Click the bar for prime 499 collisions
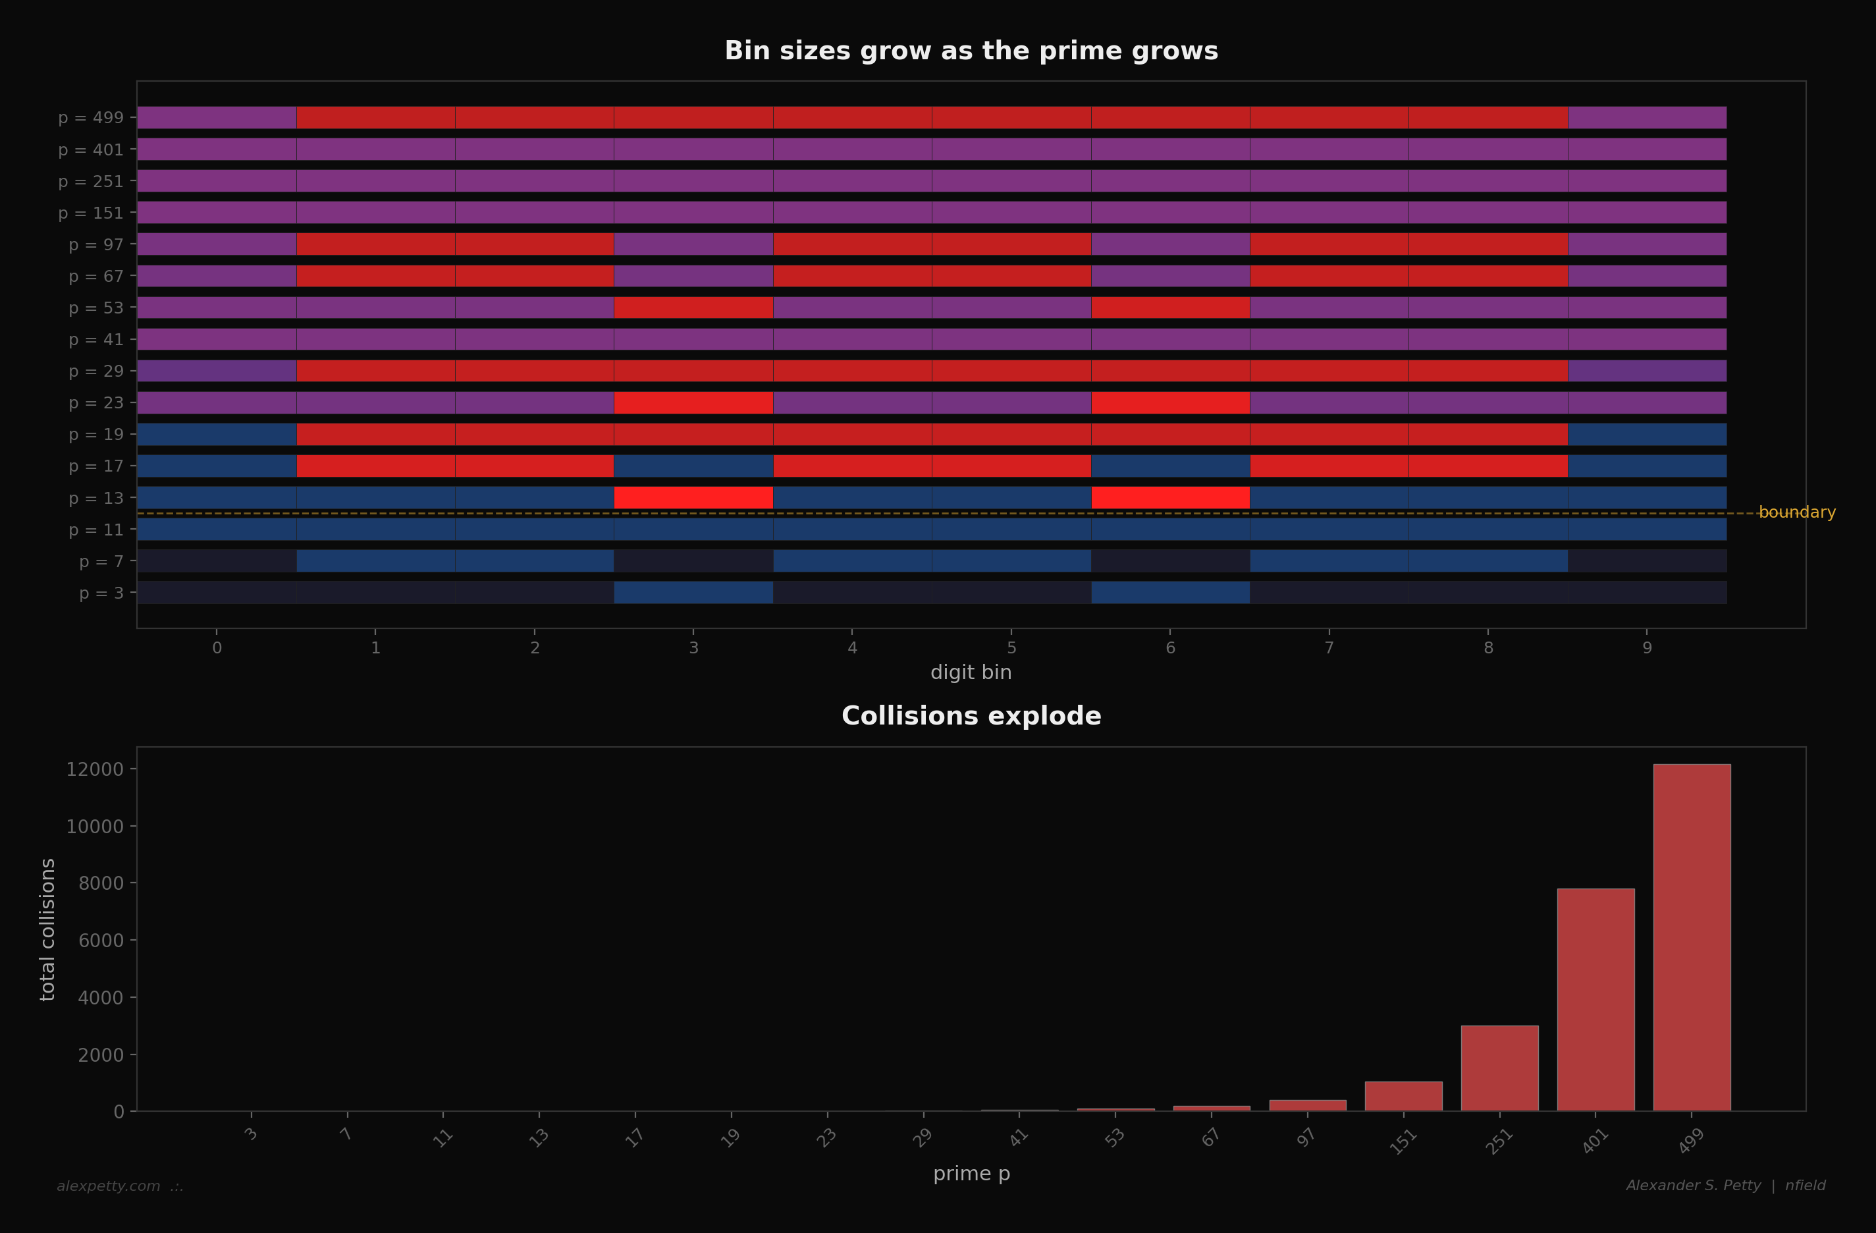tap(1692, 938)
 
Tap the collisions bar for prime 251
tap(1499, 1068)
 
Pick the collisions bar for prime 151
tap(1403, 1097)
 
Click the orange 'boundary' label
tap(1796, 512)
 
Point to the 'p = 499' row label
tap(91, 117)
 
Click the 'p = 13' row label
tap(96, 498)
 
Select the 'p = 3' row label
tap(101, 593)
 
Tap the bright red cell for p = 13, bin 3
tap(693, 497)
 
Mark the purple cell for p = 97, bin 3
tap(693, 244)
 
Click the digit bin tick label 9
tap(1647, 648)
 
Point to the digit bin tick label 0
tap(217, 648)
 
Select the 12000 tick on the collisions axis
tap(95, 769)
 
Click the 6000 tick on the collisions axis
tap(100, 941)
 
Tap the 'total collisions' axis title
tap(47, 929)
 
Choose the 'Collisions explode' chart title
tap(971, 716)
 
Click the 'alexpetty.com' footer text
tap(109, 1186)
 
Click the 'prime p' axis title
tap(971, 1174)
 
